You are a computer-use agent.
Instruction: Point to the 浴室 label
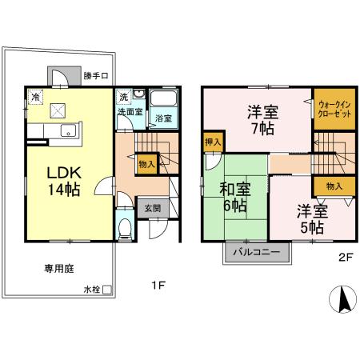pos(163,118)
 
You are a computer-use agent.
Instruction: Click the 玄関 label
pos(152,207)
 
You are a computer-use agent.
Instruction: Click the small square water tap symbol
pos(106,289)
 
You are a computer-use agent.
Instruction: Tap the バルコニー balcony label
pos(256,251)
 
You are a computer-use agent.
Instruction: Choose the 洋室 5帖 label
pos(312,218)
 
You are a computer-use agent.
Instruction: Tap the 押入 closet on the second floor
pos(212,142)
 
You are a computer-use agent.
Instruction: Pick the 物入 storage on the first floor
pos(146,165)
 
